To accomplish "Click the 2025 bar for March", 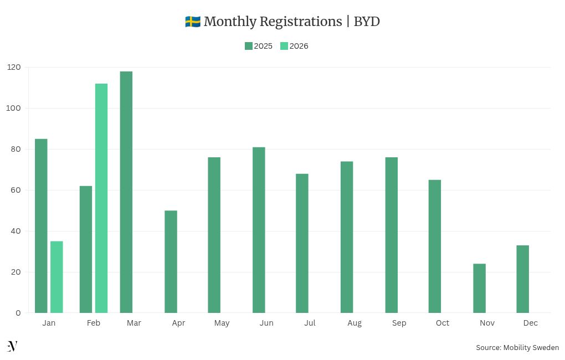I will pos(126,192).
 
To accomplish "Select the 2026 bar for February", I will pos(101,198).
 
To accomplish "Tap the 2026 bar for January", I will pos(56,277).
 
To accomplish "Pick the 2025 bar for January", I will pos(41,226).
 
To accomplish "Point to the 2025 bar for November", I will pos(479,288).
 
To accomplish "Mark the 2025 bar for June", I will pos(259,230).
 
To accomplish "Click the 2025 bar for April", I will pos(171,261).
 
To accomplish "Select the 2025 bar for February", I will pos(86,249).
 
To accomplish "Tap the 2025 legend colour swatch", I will pos(249,46).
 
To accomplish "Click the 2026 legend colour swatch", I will pos(284,46).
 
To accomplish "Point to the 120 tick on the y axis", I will pos(14,67).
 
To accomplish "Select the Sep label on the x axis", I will pos(399,323).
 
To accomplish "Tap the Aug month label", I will pos(355,323).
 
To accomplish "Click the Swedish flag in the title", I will pos(192,22).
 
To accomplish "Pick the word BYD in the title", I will pos(367,22).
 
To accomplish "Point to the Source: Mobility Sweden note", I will pos(517,347).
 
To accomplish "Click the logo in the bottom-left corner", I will pos(12,347).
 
